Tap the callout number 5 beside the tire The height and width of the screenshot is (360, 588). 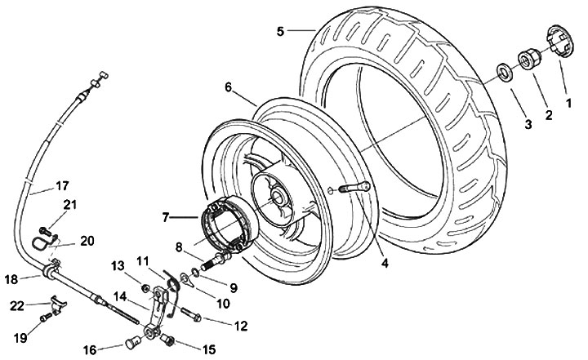click(281, 31)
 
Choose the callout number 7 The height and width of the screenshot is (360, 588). click(167, 217)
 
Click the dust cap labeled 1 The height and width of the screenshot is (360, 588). click(554, 43)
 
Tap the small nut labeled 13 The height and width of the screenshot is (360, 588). click(145, 287)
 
